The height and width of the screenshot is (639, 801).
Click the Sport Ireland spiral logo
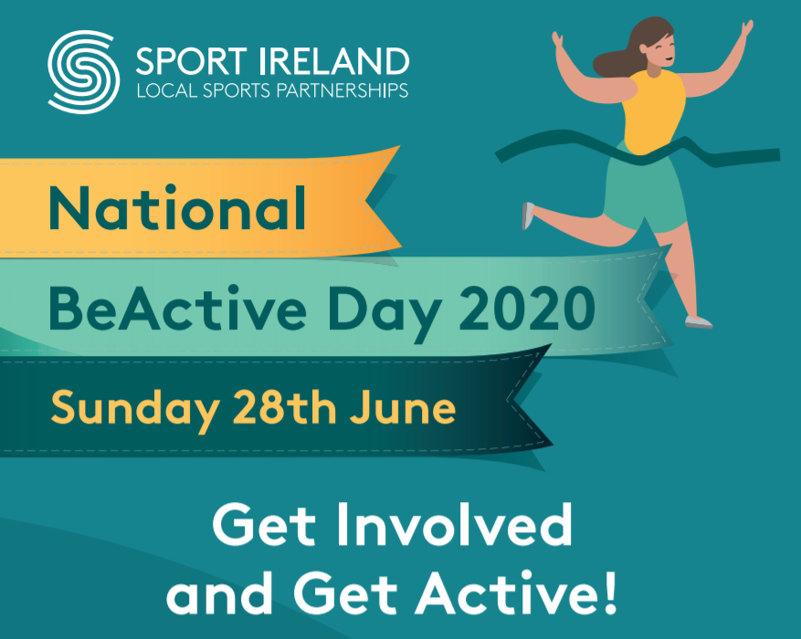[84, 72]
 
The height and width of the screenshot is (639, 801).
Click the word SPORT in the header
[192, 62]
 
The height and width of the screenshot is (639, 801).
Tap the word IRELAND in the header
[334, 62]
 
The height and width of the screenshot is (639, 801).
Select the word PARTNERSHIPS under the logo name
[343, 90]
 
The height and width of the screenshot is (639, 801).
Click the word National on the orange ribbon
[177, 208]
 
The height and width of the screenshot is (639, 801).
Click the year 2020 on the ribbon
[527, 309]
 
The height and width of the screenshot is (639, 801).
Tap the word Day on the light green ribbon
[385, 313]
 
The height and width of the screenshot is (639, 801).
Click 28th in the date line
[285, 407]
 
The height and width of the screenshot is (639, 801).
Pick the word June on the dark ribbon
[403, 407]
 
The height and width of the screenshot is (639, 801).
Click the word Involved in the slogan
[455, 525]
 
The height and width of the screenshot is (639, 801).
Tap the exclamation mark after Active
[610, 592]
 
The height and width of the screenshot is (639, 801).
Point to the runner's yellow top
[653, 111]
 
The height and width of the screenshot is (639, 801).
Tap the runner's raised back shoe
[528, 215]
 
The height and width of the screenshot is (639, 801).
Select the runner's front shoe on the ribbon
[699, 322]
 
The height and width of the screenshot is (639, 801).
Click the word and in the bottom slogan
[220, 592]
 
